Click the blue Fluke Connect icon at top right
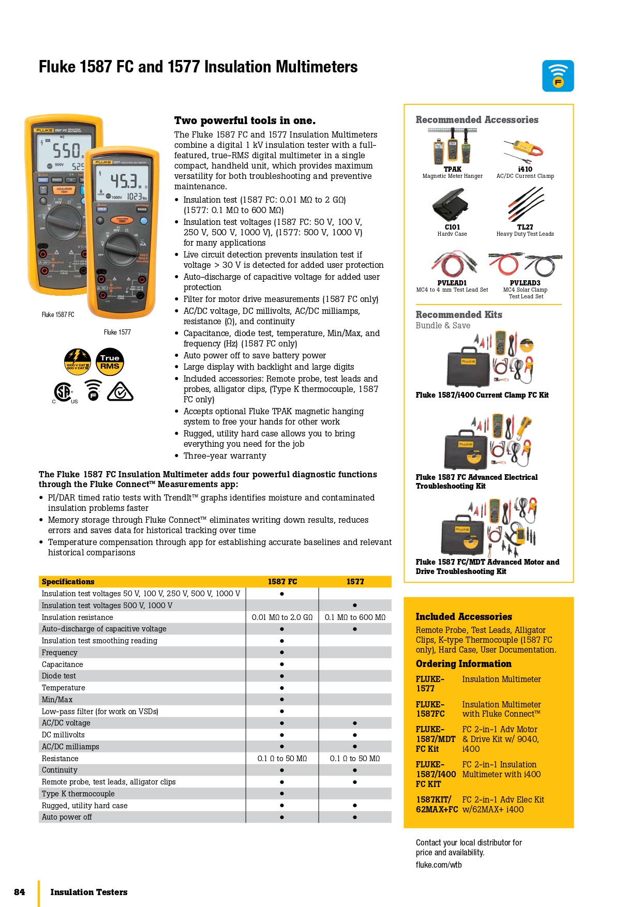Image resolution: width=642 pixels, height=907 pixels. coord(558,76)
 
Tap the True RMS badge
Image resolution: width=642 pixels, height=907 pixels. coord(110,361)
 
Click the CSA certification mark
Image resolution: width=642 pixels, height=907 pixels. coord(63,392)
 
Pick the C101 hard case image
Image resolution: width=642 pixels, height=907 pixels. coord(452,204)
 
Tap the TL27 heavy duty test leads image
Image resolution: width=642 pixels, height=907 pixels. coord(526,204)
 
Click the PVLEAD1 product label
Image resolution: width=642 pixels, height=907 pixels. coord(452,283)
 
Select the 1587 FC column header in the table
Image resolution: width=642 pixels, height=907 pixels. coord(282,582)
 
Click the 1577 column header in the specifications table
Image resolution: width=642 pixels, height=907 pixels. coord(355,582)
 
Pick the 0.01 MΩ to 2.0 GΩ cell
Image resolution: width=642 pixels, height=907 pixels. coord(282,617)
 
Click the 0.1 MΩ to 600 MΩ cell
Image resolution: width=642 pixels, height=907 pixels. coord(355,617)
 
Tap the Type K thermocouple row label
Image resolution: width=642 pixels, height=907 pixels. coord(78,794)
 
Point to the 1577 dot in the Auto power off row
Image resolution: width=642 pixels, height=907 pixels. coord(355,817)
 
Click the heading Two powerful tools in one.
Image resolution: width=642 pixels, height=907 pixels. coord(245,120)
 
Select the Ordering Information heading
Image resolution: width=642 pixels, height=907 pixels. coord(464,664)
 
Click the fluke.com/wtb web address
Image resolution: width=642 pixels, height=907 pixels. coord(439,865)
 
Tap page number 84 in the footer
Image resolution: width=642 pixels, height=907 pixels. coord(20,892)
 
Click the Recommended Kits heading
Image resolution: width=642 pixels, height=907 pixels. coord(459,315)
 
